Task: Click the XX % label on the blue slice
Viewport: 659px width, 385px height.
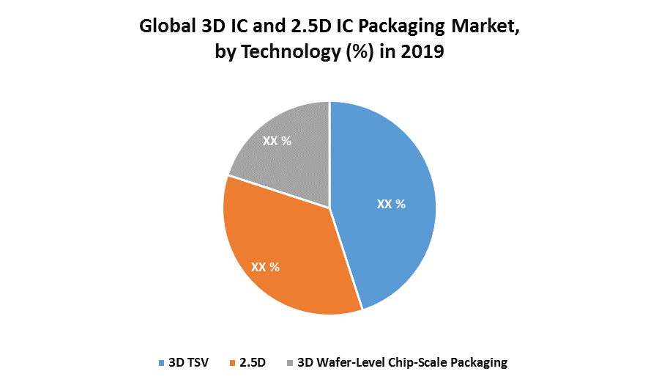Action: pyautogui.click(x=391, y=205)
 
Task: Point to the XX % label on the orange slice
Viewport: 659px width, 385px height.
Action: pyautogui.click(x=265, y=267)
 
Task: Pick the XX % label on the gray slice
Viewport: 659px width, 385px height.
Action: pyautogui.click(x=277, y=141)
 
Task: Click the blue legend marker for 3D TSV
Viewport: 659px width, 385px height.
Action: pyautogui.click(x=161, y=362)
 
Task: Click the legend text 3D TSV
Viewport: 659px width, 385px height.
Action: pyautogui.click(x=190, y=362)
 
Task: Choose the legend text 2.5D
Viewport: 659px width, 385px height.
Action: pyautogui.click(x=253, y=362)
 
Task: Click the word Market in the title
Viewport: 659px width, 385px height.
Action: pyautogui.click(x=481, y=28)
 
